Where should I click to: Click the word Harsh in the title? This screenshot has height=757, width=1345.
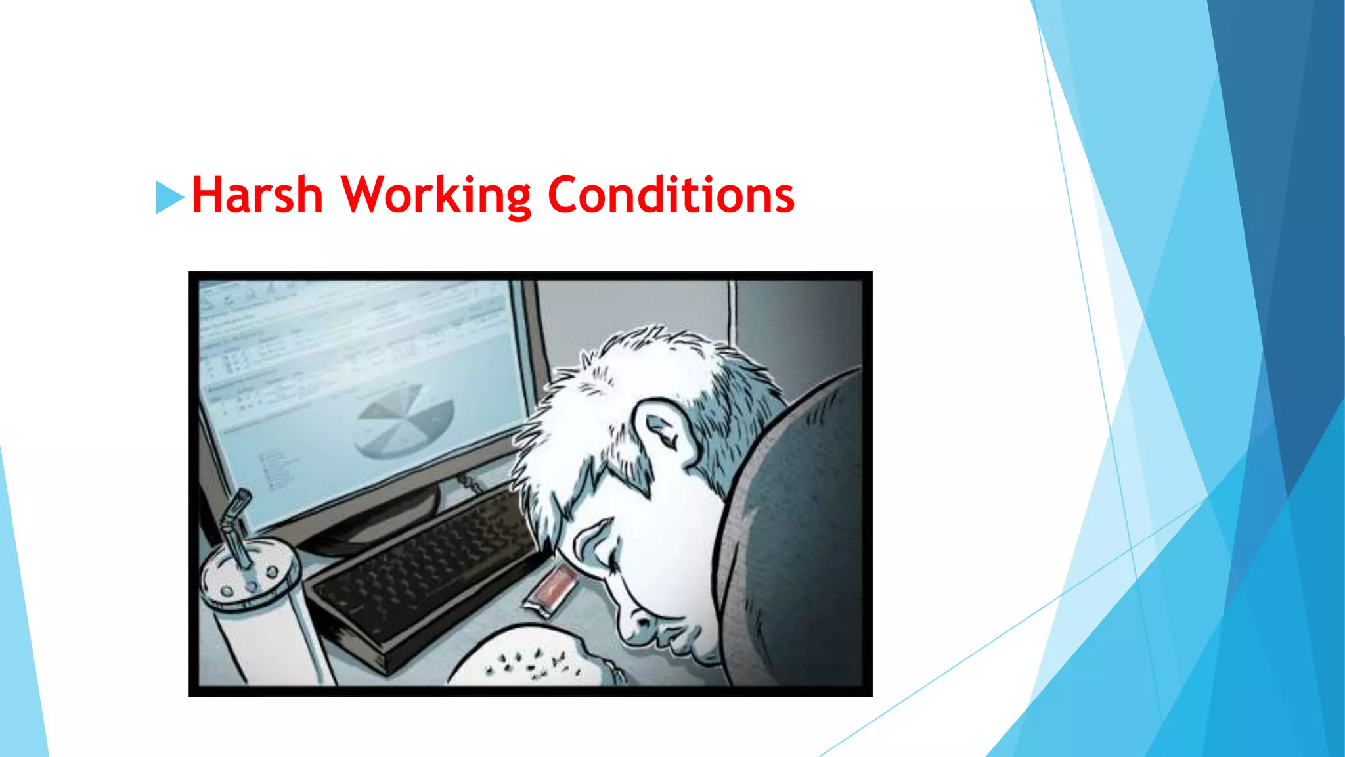[257, 195]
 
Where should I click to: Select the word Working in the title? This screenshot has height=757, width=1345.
[436, 195]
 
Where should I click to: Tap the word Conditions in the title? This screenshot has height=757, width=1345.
[671, 195]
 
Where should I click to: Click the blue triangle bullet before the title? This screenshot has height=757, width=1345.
[169, 197]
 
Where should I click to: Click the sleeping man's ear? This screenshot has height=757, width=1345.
[663, 430]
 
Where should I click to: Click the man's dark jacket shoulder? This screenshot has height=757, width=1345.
[795, 526]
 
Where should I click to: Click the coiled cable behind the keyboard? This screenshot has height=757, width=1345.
[470, 484]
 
